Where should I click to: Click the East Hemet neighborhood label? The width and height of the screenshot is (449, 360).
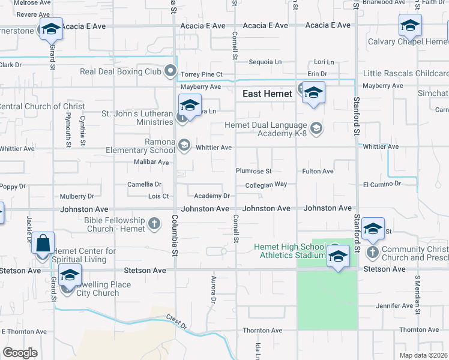point(267,94)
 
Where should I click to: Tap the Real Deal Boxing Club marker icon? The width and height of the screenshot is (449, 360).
point(171,72)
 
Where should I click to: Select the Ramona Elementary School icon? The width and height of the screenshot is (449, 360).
point(184,145)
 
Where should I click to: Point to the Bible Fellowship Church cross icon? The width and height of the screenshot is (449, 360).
point(154,224)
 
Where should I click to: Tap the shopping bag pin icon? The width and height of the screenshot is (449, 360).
point(43,244)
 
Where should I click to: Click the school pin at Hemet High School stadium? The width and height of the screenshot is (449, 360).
point(338,255)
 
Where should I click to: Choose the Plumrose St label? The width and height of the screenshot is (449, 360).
point(253,172)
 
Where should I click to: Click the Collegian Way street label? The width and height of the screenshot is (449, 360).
point(266,185)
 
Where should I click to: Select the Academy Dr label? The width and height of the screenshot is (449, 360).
point(212,196)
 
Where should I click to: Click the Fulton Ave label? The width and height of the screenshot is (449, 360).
point(318,172)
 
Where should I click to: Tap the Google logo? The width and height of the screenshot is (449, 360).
point(20,353)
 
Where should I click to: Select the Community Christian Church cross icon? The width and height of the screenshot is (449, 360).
point(372,251)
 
